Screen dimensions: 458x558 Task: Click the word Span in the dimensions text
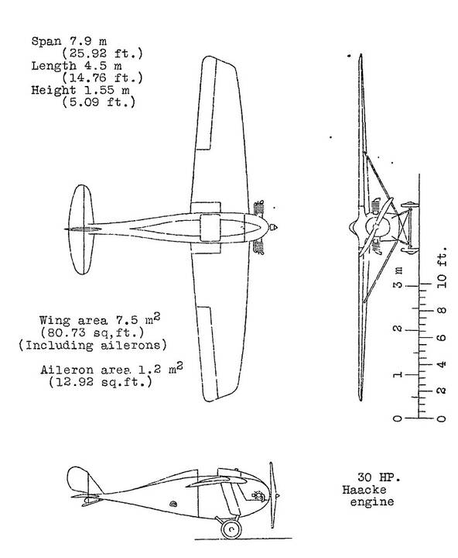pyautogui.click(x=46, y=42)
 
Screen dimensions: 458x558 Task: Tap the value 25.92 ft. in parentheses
pyautogui.click(x=102, y=53)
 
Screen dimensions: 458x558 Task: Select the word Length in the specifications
pyautogui.click(x=53, y=66)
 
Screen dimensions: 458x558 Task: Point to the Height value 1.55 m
pyautogui.click(x=107, y=90)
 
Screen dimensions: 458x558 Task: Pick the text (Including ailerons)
pyautogui.click(x=93, y=345)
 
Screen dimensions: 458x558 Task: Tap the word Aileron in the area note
pyautogui.click(x=67, y=370)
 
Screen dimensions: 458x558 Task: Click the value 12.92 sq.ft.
pyautogui.click(x=101, y=382)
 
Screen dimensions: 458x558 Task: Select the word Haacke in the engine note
pyautogui.click(x=364, y=490)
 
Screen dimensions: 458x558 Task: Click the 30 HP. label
pyautogui.click(x=379, y=477)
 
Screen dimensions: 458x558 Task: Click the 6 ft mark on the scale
pyautogui.click(x=441, y=337)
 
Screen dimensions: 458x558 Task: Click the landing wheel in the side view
pyautogui.click(x=231, y=529)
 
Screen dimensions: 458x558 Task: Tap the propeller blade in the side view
pyautogui.click(x=272, y=495)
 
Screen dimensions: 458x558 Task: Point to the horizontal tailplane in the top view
pyautogui.click(x=81, y=229)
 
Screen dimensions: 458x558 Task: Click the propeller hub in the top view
pyautogui.click(x=273, y=227)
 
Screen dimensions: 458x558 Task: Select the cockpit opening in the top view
pyautogui.click(x=210, y=228)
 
